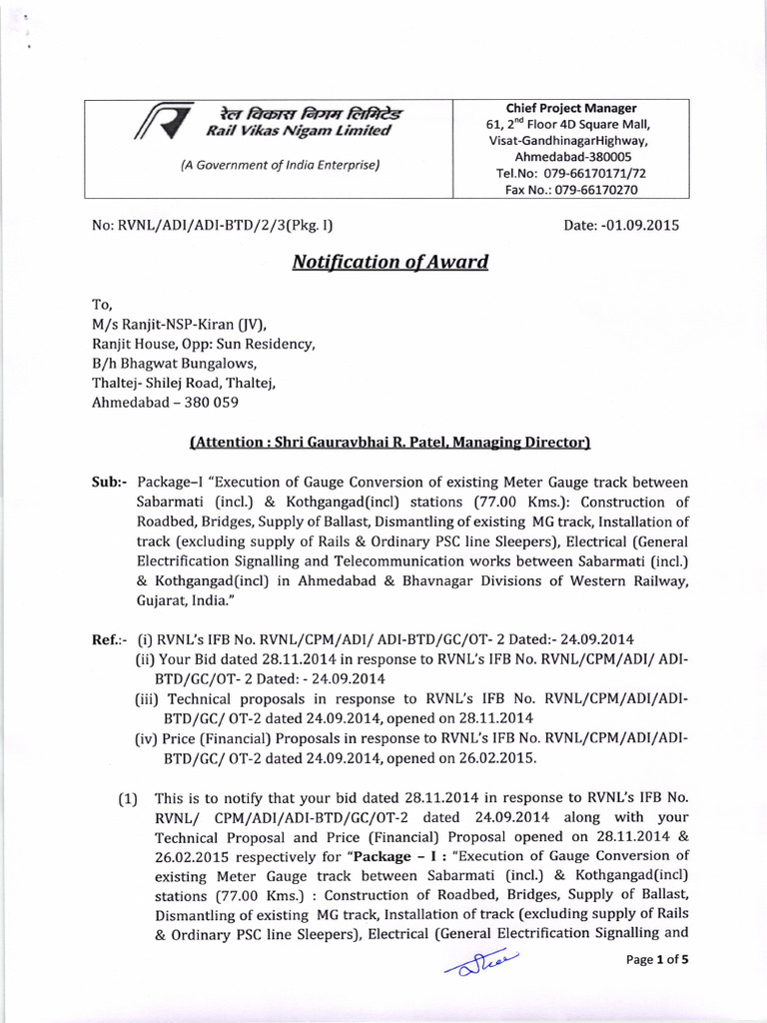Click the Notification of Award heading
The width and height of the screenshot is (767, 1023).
click(389, 263)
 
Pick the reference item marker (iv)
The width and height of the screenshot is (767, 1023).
click(146, 737)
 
